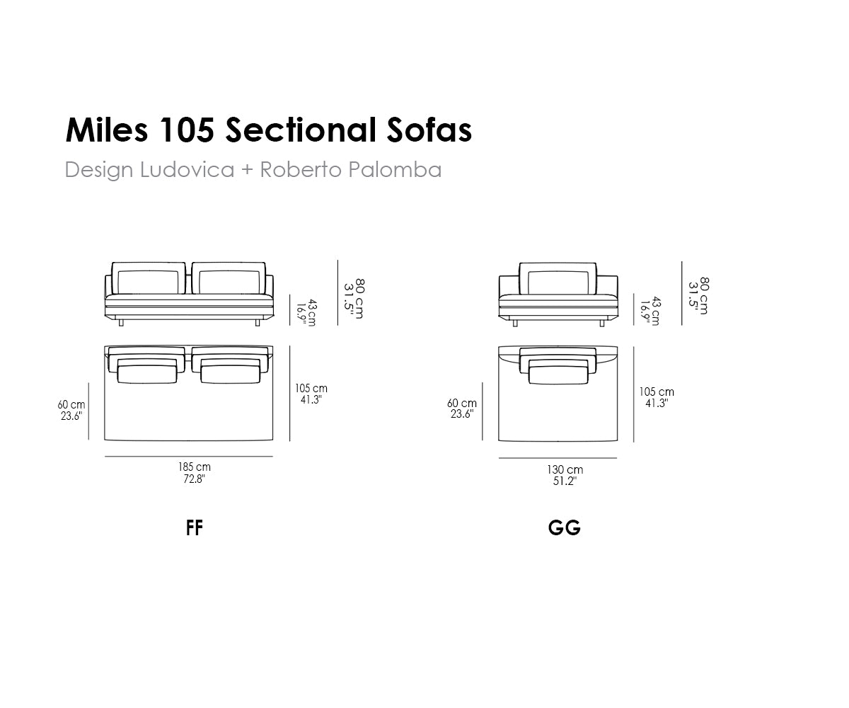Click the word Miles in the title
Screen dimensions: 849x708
click(x=107, y=130)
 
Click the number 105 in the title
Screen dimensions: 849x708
click(x=187, y=130)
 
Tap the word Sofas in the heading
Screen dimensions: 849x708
click(x=429, y=130)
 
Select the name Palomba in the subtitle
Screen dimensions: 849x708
click(x=395, y=169)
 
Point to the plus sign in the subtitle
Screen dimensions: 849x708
click(x=247, y=170)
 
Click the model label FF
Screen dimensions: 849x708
click(x=194, y=527)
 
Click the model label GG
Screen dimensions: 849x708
click(x=564, y=527)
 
